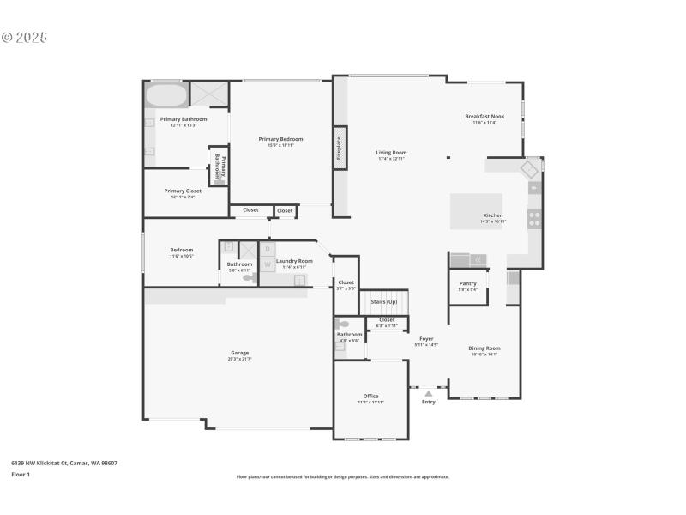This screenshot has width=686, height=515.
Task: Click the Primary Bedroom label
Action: tap(280, 139)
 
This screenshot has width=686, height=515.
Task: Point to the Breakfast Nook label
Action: tap(484, 116)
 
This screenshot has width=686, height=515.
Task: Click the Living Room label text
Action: tap(391, 153)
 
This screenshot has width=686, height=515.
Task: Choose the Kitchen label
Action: tap(493, 215)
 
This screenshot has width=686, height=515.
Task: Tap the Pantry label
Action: tap(467, 283)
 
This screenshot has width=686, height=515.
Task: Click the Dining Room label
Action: tap(484, 348)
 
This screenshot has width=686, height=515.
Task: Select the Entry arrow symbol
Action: tap(429, 393)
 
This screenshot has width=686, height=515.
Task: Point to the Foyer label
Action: tap(426, 339)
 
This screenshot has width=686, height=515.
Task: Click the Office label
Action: tap(370, 397)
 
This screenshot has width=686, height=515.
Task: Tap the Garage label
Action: tap(239, 353)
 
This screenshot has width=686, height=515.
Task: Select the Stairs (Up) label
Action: tap(383, 301)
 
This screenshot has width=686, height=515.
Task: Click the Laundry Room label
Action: tap(294, 261)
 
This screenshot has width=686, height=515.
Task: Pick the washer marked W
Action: tap(267, 264)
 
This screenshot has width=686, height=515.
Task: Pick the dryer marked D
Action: tap(267, 249)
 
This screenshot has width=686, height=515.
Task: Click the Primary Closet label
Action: tap(183, 191)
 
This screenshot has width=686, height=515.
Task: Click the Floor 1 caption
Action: tap(21, 474)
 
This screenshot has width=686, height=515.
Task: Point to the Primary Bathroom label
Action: tap(183, 119)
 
